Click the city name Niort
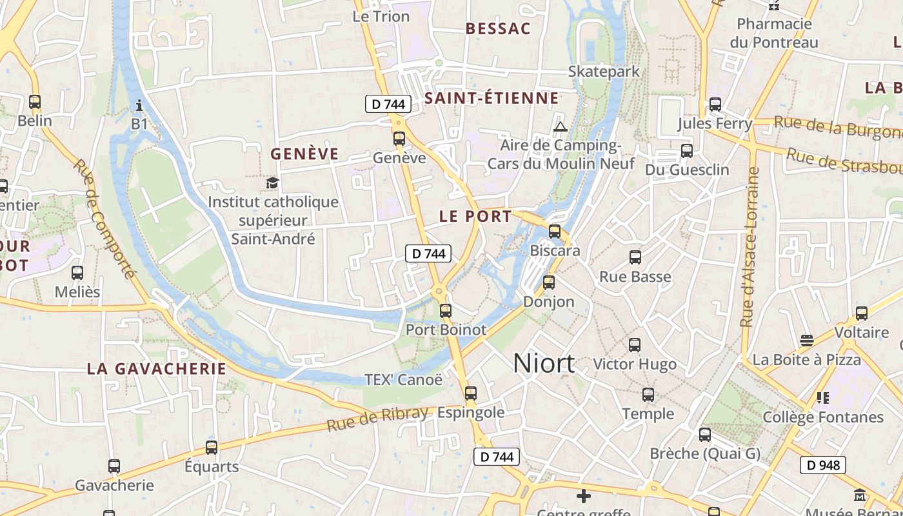544,364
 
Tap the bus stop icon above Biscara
555,232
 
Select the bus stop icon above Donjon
549,282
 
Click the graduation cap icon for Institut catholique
273,183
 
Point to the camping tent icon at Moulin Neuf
560,126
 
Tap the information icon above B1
139,105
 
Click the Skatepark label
604,71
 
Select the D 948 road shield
822,464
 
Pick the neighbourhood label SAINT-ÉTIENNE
491,98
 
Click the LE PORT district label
475,216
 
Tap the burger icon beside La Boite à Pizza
806,340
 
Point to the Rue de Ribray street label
377,419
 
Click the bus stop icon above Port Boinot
445,311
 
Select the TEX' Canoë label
404,379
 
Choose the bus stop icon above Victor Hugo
635,345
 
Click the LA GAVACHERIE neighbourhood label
157,369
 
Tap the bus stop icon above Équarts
212,447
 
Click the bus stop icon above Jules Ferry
715,104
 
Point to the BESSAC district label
498,28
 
